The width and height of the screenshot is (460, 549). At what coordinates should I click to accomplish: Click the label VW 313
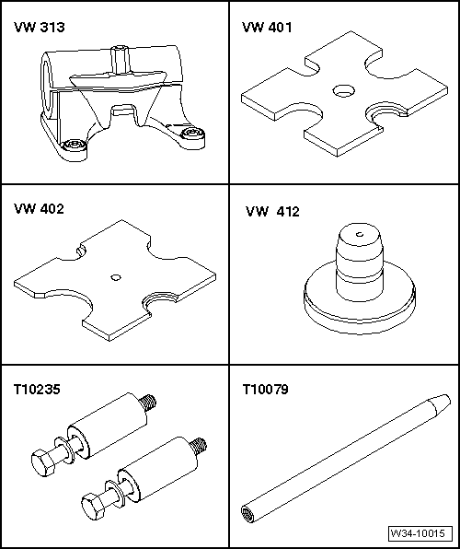pos(40,27)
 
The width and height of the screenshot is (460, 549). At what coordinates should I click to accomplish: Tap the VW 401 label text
pos(267,27)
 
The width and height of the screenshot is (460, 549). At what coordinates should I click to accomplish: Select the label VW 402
pos(39,209)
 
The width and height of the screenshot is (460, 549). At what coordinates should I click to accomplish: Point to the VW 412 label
pos(272,212)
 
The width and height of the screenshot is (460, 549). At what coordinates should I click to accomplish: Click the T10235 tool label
pos(37,389)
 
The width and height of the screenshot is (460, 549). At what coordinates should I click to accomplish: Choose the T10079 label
pos(266,389)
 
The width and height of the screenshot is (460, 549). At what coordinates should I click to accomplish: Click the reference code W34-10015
pos(418,533)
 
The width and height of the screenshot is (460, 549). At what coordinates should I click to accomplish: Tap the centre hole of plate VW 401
pos(343,91)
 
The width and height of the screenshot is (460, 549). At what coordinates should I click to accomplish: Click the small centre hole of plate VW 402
pos(116,277)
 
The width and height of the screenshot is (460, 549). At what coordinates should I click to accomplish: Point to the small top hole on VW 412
pos(359,234)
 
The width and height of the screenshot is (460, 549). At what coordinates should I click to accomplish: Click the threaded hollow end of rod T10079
pos(247,513)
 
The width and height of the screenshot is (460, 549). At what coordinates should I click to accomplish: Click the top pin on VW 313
pos(119,59)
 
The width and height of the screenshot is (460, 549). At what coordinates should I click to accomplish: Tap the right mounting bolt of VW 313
pos(192,133)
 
